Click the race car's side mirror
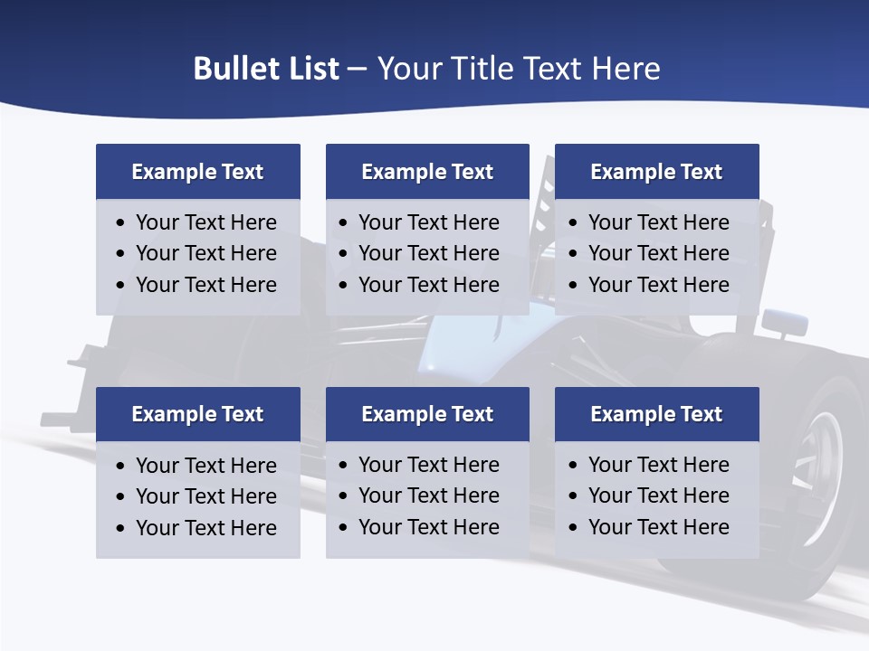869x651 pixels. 784,320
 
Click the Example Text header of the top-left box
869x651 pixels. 197,172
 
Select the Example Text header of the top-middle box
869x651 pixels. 427,172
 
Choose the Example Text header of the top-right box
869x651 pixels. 656,172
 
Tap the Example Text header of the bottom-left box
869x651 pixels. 197,414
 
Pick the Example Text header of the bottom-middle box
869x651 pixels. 427,414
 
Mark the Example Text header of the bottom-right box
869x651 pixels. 656,414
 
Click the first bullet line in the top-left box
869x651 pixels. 205,222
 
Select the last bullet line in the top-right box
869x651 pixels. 658,285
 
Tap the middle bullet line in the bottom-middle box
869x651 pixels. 428,495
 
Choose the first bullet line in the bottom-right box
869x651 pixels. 658,465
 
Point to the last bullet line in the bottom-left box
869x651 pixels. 205,528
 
